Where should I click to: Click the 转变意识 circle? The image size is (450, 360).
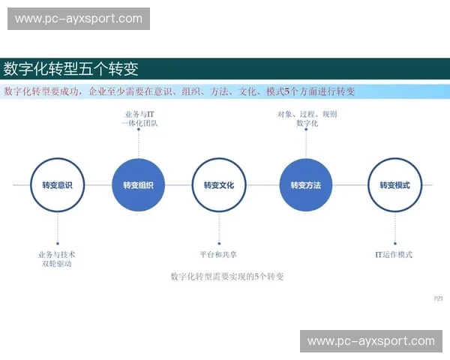coord(57,185)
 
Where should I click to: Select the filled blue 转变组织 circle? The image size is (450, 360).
coord(138,185)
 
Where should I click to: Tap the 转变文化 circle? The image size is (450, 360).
coord(219,185)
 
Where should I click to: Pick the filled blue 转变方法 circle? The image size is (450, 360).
coord(306,185)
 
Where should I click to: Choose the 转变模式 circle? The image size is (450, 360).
coord(394,185)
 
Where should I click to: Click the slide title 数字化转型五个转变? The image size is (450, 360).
coord(71,69)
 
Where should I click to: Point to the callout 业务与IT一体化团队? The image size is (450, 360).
coord(139,118)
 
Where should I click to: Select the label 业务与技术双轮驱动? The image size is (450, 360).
coord(57,259)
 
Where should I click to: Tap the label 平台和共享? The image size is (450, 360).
coord(219,254)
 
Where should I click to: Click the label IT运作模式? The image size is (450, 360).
coord(394,254)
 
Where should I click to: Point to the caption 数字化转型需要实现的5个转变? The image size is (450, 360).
coord(227,276)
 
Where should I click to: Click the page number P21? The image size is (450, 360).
coord(439,298)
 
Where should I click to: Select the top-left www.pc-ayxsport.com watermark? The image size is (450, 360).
coord(78,18)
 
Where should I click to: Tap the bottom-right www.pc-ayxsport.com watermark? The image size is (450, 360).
coord(371,341)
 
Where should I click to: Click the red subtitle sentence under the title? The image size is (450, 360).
coord(180,91)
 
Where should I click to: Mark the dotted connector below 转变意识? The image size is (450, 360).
coord(57,227)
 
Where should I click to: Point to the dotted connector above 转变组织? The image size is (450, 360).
coord(139,142)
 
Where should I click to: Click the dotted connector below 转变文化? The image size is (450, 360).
coord(219,227)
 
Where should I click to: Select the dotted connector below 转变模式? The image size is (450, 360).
coord(394,227)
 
